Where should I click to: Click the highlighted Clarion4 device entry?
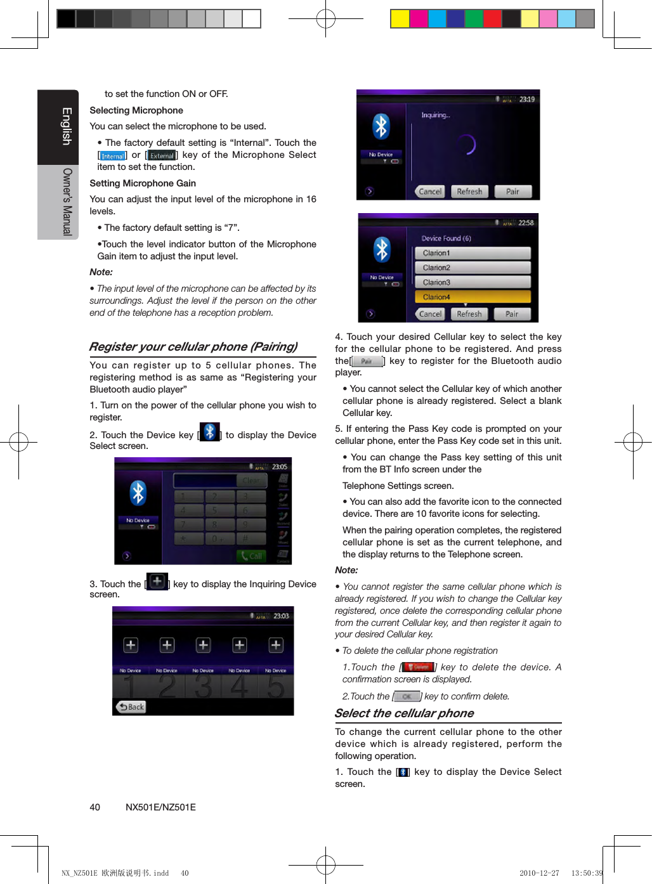point(473,297)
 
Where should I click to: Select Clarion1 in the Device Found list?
point(473,253)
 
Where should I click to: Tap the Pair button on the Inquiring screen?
point(512,192)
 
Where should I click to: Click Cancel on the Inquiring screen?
point(430,192)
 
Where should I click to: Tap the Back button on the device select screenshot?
point(131,707)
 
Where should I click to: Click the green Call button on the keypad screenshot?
point(251,556)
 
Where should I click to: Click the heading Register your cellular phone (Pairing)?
point(193,347)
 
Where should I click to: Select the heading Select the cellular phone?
point(404,713)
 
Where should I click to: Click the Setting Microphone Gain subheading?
point(143,183)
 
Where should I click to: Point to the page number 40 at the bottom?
point(95,807)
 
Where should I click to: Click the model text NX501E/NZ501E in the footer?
point(160,807)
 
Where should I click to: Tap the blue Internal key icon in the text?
point(113,155)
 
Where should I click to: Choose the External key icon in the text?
point(162,155)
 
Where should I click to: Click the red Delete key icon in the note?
point(418,667)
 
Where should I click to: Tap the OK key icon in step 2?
point(407,696)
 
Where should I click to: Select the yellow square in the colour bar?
point(400,19)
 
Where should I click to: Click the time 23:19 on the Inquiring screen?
point(527,99)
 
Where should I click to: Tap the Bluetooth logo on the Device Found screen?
point(382,249)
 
